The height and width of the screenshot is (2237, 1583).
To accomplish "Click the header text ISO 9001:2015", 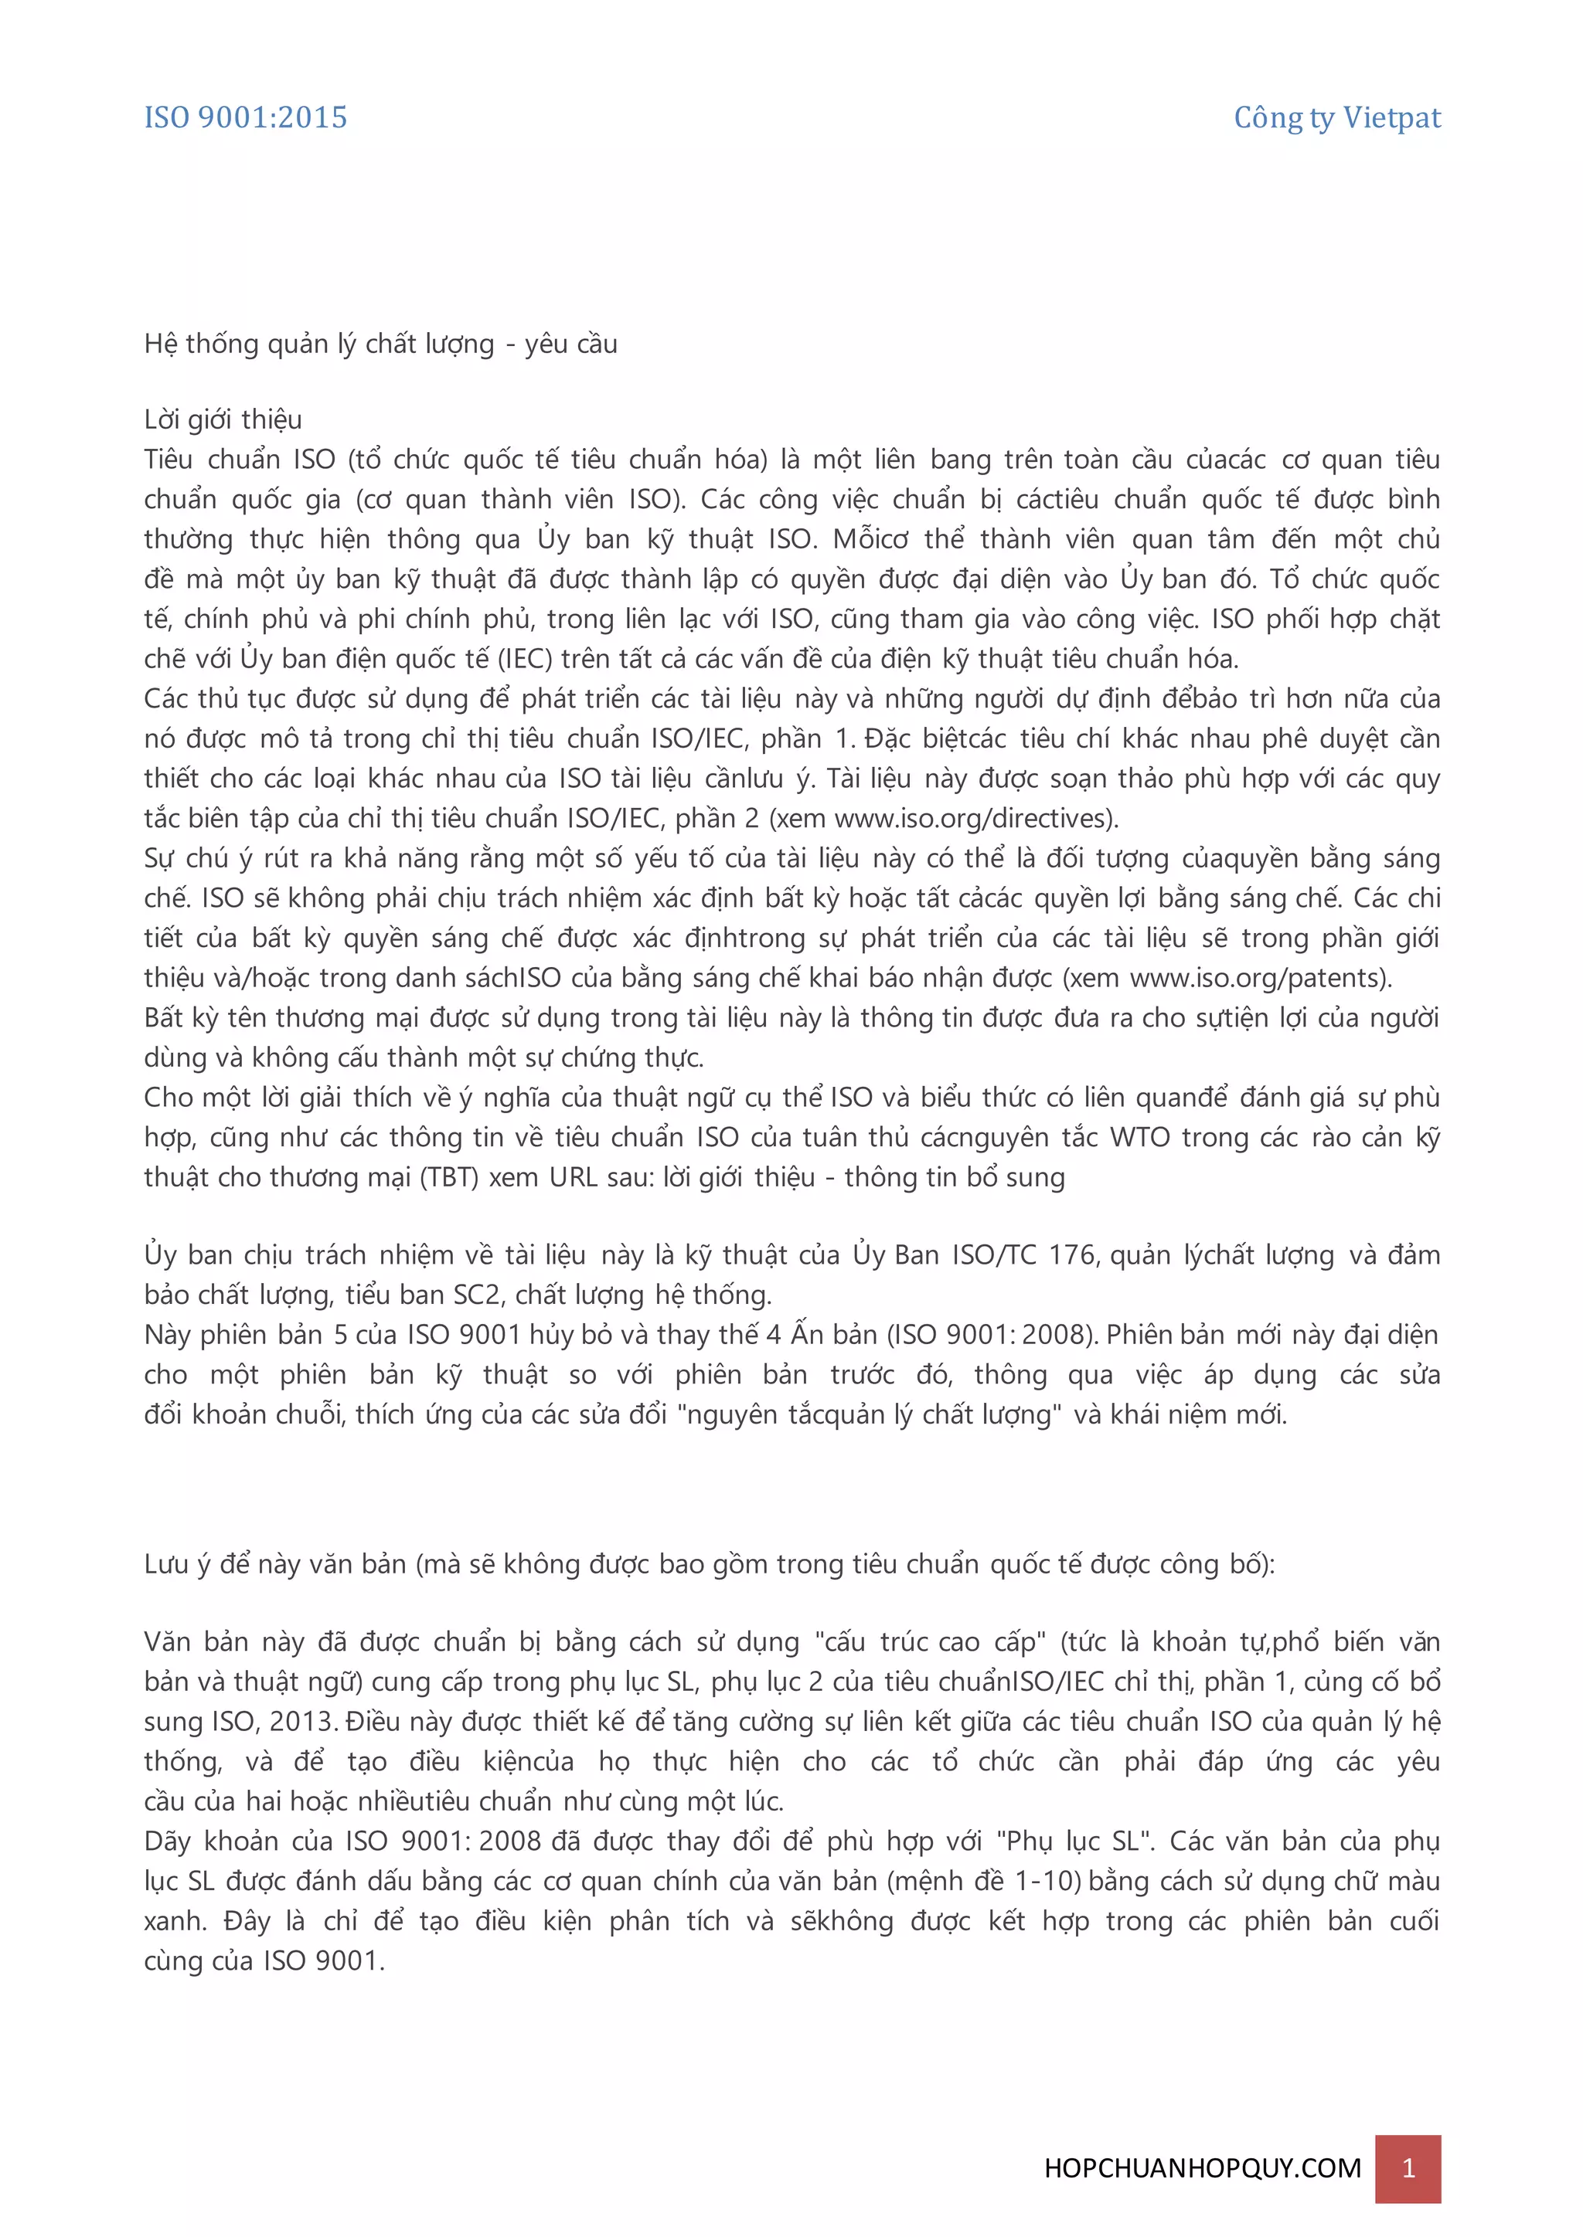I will (x=246, y=118).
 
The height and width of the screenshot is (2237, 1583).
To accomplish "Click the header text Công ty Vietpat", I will (x=1336, y=118).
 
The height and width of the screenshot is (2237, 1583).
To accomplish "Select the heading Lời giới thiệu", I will (x=223, y=420).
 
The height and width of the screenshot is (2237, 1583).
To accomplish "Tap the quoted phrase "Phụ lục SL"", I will (x=1075, y=1842).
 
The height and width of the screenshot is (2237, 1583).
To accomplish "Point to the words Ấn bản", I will (x=836, y=1335).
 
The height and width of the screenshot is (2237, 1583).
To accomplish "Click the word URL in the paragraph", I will (x=574, y=1178).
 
